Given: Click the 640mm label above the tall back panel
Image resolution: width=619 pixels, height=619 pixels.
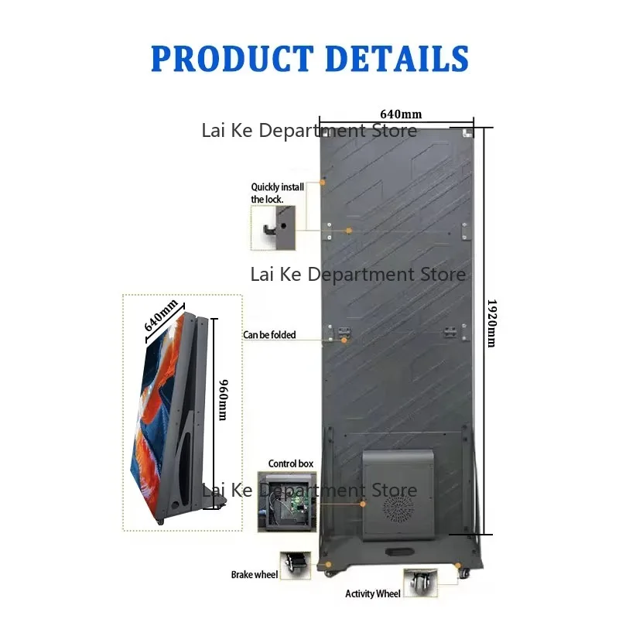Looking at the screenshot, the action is [x=396, y=114].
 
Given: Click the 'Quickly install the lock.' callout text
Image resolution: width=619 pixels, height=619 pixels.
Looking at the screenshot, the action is [x=277, y=193].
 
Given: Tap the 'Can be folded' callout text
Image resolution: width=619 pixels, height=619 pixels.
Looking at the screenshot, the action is [x=268, y=335].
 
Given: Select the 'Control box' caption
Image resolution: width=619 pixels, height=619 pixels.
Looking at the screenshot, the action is [x=290, y=463].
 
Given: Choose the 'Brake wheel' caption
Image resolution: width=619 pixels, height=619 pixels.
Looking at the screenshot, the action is [x=254, y=575].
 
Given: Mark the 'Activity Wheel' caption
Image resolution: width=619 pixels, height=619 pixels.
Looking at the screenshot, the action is [x=373, y=594].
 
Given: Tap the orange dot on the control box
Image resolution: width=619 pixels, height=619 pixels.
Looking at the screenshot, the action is [x=362, y=503].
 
